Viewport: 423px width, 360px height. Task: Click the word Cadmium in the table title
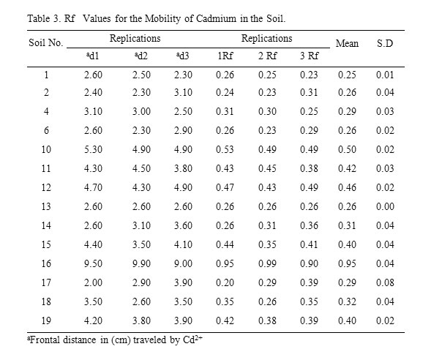(x=216, y=18)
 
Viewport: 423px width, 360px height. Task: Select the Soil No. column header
(x=46, y=42)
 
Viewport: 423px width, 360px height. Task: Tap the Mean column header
(x=347, y=43)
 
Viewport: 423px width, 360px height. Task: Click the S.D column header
(x=385, y=43)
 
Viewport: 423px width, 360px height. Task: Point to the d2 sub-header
(x=141, y=56)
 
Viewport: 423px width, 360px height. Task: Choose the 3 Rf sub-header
(x=309, y=56)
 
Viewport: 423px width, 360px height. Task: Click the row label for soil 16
(x=46, y=263)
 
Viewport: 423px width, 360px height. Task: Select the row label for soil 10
(x=46, y=149)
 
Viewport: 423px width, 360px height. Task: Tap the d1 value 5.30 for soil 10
(x=93, y=149)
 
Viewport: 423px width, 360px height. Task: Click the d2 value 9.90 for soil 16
(x=141, y=263)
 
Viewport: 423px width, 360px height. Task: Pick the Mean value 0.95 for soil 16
(x=347, y=263)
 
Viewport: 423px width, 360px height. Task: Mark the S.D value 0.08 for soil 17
(x=385, y=282)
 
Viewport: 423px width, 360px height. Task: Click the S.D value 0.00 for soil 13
(x=385, y=206)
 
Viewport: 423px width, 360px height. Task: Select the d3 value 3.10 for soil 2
(x=183, y=92)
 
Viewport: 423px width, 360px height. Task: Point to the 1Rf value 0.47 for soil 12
(x=225, y=187)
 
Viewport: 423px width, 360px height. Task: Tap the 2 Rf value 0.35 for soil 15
(x=267, y=244)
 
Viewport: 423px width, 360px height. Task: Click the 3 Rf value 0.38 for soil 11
(x=309, y=168)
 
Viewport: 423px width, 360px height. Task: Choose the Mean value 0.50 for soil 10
(x=347, y=149)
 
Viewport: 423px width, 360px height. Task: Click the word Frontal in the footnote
(x=44, y=340)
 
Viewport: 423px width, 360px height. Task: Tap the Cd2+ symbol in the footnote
(x=192, y=340)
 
